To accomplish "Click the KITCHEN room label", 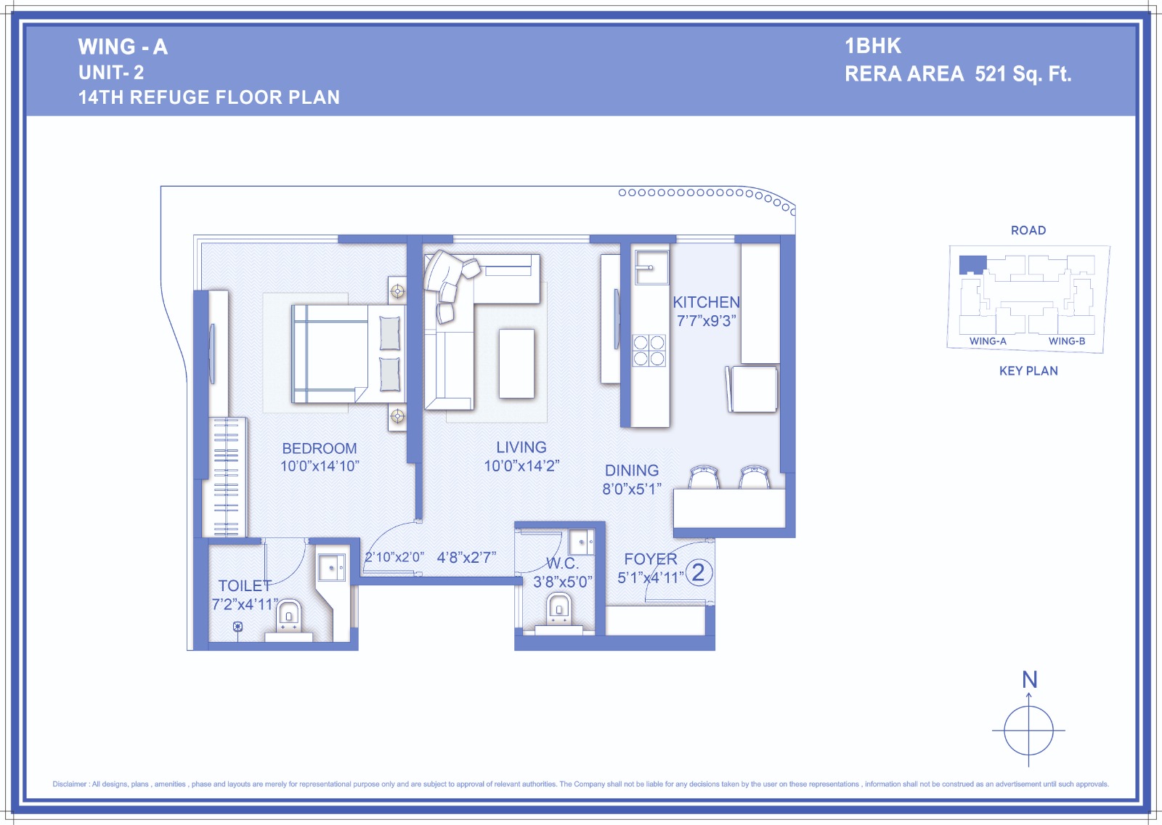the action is [x=706, y=302].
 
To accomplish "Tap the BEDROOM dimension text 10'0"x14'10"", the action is [x=320, y=466].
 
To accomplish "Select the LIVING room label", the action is [x=521, y=447].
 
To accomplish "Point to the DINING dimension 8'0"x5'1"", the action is [x=632, y=489].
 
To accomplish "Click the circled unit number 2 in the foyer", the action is [x=698, y=573].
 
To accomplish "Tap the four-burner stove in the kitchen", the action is [x=649, y=351].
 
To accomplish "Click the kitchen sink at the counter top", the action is [x=651, y=267].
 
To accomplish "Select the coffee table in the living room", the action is [x=516, y=364].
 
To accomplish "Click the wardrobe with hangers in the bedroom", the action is [x=227, y=477].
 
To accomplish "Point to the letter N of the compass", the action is [x=1029, y=679].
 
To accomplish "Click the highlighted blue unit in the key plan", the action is [x=972, y=264].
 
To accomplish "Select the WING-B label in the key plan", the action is [x=1067, y=341].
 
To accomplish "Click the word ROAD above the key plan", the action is [x=1028, y=230].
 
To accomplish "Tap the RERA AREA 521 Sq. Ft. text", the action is [x=958, y=74].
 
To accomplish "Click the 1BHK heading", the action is [x=873, y=46].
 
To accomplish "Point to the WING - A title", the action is [x=123, y=46].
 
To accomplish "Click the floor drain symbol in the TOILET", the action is [x=237, y=626].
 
